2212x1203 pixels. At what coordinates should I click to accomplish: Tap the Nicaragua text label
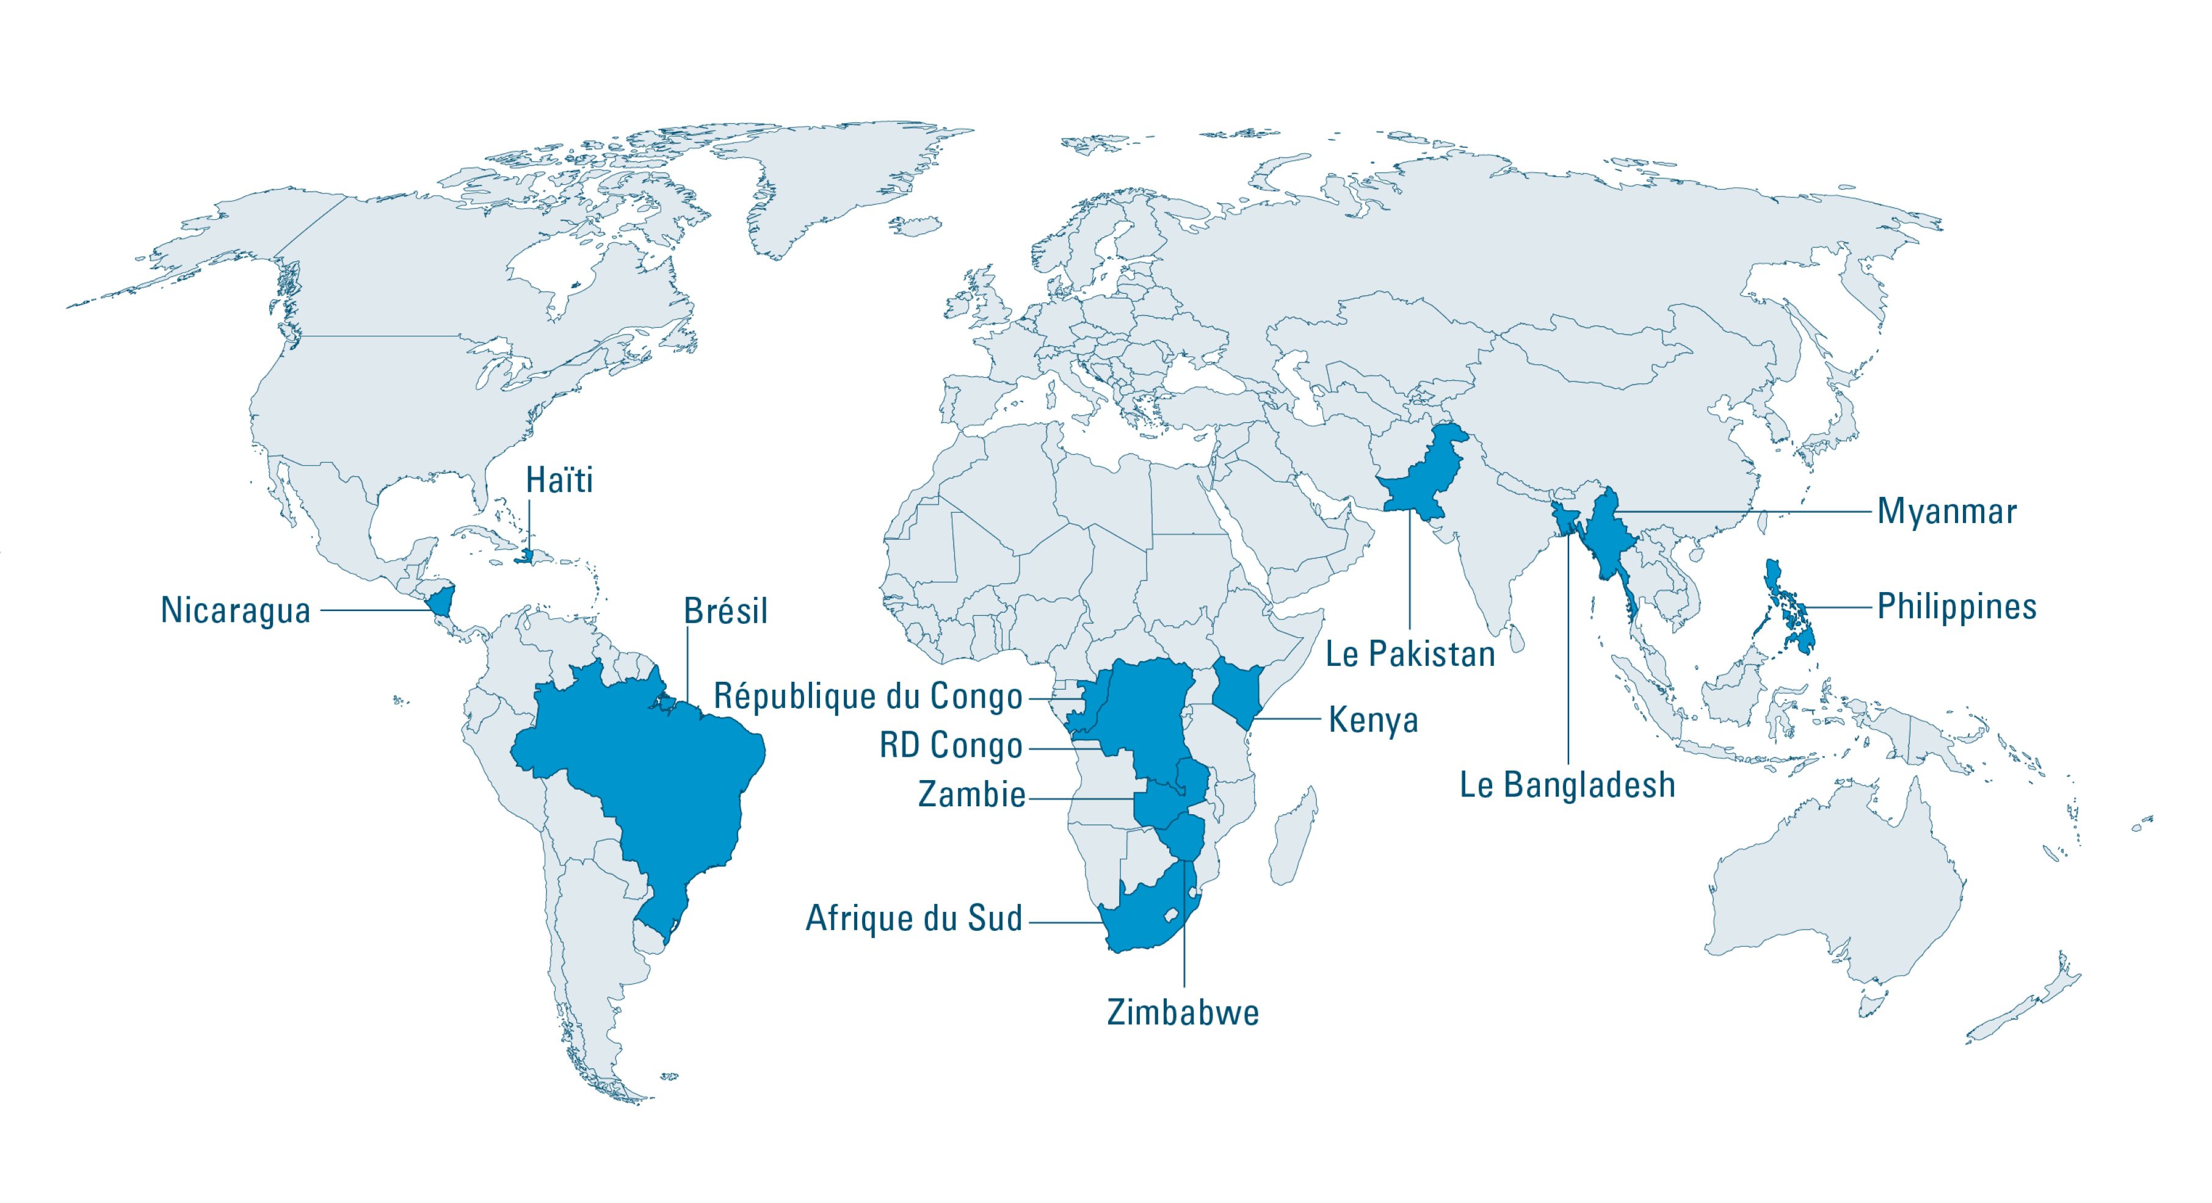coord(235,612)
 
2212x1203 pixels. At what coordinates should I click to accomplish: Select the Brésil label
coord(725,612)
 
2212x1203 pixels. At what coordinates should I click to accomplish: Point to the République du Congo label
coord(868,696)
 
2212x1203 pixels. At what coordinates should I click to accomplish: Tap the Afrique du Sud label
coord(913,919)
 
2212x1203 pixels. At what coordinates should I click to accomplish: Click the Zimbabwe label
coord(1183,1013)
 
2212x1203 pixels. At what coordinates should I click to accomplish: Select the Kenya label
coord(1373,720)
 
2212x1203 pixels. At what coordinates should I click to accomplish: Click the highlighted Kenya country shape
coord(1234,692)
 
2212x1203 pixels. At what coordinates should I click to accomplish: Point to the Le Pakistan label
coord(1410,655)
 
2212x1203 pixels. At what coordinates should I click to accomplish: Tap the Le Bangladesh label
coord(1567,785)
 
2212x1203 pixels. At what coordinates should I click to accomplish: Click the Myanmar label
coord(1946,511)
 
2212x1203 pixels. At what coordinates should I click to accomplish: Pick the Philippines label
coord(1956,606)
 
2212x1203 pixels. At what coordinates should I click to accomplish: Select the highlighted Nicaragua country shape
coord(442,601)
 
